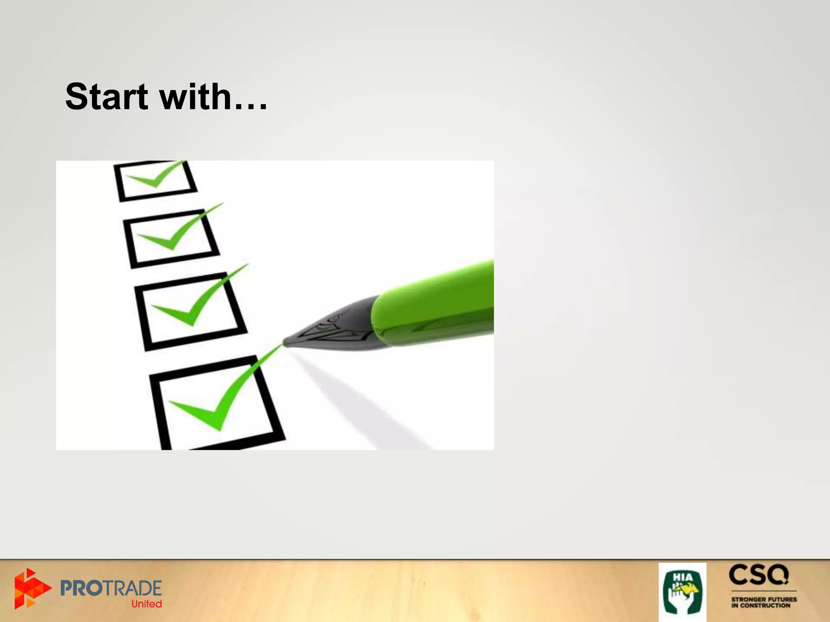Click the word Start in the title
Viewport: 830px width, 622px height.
tap(107, 97)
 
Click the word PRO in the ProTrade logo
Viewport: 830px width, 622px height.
tap(84, 588)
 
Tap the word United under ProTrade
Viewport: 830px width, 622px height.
tap(146, 604)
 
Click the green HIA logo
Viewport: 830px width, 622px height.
tap(682, 592)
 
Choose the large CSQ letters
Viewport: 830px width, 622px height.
tap(759, 575)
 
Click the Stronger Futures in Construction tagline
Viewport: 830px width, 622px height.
tap(764, 602)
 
